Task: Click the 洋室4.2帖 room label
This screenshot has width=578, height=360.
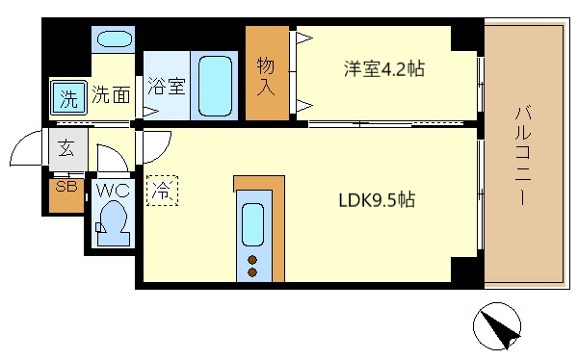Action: (x=384, y=69)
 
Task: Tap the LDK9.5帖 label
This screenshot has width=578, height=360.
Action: (x=376, y=201)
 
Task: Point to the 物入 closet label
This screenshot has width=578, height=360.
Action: (x=266, y=76)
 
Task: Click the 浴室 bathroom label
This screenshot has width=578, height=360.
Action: (x=166, y=86)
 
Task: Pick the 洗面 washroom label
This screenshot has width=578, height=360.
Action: (x=111, y=95)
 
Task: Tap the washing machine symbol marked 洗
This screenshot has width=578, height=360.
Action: (x=68, y=97)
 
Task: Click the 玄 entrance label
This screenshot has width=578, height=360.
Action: (x=66, y=148)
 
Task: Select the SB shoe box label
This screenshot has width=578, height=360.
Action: (x=66, y=187)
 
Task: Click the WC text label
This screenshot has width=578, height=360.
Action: (x=113, y=190)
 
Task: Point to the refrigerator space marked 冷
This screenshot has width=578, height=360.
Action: (x=162, y=191)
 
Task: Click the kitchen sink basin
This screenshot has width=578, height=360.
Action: (x=253, y=224)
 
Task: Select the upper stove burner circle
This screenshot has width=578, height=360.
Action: (x=253, y=260)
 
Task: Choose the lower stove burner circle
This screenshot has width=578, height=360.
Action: (x=253, y=272)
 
